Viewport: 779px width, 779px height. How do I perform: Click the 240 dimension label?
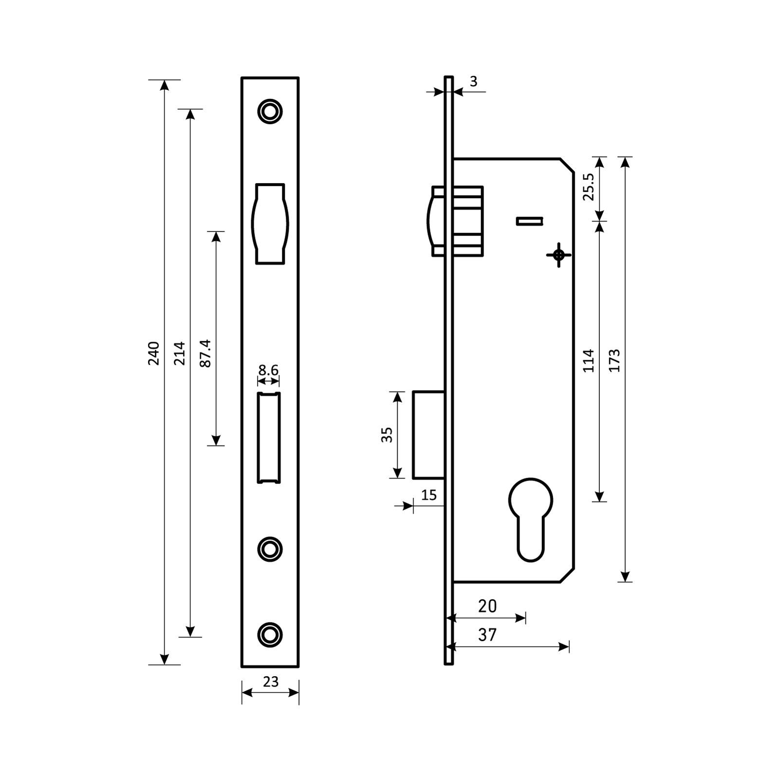(154, 353)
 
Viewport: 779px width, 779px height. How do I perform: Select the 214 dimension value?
(180, 353)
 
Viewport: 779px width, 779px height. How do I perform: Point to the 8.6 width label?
(268, 371)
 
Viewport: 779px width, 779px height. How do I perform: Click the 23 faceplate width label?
(271, 682)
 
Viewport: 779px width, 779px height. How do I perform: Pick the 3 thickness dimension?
(474, 81)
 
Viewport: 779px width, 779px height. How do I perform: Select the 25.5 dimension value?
(589, 186)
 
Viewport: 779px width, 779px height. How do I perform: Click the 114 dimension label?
(589, 360)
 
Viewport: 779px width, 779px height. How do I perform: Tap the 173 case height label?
(614, 360)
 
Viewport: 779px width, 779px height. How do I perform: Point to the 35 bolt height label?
(387, 435)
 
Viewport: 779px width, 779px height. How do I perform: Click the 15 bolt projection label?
(429, 495)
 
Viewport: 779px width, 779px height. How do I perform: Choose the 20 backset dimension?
(487, 606)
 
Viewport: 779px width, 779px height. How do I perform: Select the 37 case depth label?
(487, 635)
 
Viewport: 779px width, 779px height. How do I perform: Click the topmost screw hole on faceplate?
(270, 111)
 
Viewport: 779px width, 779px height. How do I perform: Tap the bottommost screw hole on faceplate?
(270, 634)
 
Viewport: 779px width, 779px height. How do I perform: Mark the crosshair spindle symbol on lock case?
(558, 255)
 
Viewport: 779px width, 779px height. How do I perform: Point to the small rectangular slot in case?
(530, 221)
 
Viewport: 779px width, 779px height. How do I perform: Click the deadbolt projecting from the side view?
(428, 434)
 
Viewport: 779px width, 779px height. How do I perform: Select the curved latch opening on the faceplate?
(270, 224)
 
